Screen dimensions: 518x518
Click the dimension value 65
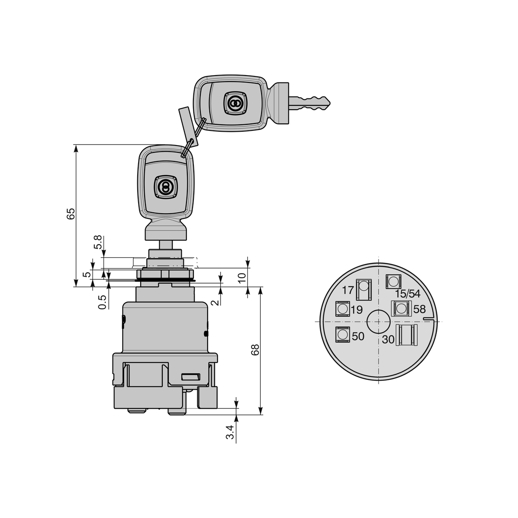[71, 214]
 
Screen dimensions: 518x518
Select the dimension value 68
[255, 350]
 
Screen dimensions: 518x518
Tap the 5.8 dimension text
[98, 242]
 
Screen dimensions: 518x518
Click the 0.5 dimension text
[102, 302]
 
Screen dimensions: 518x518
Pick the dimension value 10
[242, 278]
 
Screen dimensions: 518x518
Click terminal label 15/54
[407, 294]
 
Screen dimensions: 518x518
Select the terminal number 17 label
[348, 291]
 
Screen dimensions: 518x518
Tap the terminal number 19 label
[357, 310]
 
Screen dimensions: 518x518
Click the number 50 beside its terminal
[358, 336]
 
